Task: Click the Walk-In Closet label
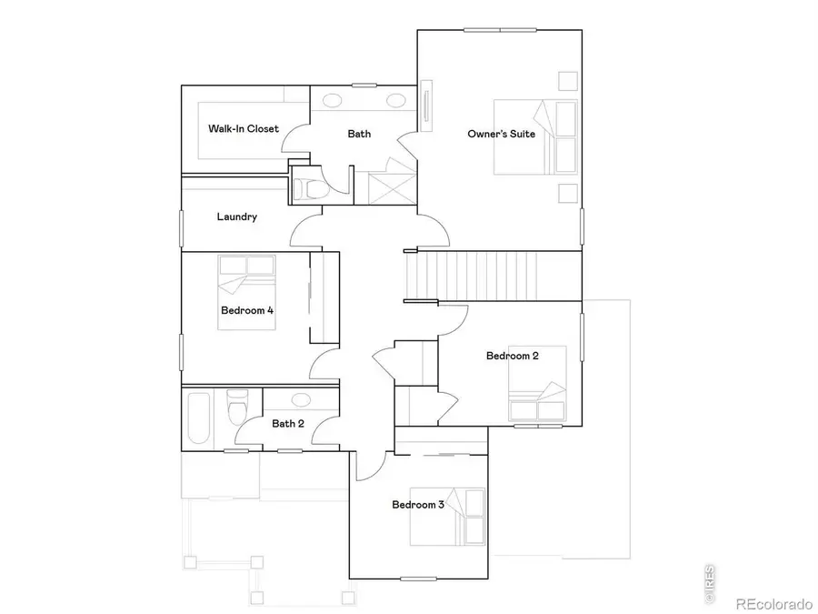(244, 129)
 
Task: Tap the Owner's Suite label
(501, 134)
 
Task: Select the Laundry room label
(236, 217)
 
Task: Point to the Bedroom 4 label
(247, 310)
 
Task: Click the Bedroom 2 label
(512, 356)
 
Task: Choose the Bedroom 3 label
(418, 505)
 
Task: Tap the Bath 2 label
(288, 423)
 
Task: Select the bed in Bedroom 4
(245, 273)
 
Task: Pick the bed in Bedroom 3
(464, 515)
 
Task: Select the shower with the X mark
(384, 185)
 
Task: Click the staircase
(491, 275)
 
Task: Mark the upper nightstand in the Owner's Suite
(568, 80)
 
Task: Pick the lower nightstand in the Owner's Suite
(568, 192)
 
